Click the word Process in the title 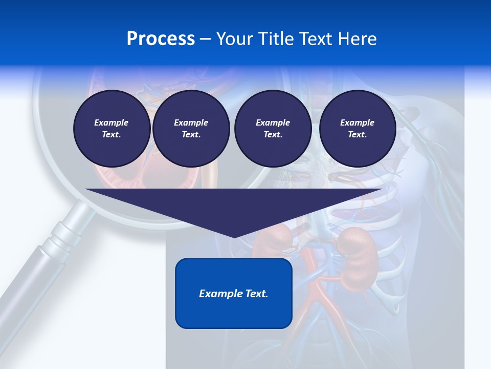click(161, 39)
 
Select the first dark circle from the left click(111, 129)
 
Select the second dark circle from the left click(191, 129)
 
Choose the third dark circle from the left click(273, 129)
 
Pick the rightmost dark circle click(357, 129)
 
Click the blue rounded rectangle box click(234, 293)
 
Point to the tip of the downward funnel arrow click(234, 236)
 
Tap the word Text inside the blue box click(257, 294)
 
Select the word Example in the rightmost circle click(357, 122)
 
